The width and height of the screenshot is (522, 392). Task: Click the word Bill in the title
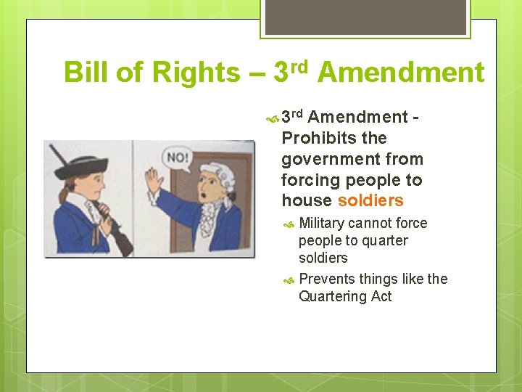pos(84,73)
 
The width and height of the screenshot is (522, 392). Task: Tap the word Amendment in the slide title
pos(400,73)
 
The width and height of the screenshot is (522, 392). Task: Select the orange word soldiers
pos(370,200)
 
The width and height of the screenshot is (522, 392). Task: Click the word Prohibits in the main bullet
pos(314,138)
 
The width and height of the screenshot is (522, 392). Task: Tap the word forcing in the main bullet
pos(308,179)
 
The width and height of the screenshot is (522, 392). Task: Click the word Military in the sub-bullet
pos(321,223)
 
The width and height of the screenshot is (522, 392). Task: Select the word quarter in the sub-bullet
pos(384,240)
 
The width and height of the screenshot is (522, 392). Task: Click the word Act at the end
pos(381,296)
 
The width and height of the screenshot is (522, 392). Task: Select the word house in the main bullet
pos(307,200)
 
